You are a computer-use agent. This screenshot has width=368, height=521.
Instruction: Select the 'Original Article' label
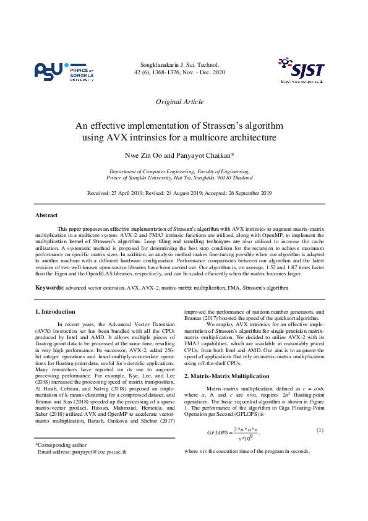[179, 101]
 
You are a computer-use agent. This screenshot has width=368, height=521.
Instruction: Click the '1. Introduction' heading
[55, 311]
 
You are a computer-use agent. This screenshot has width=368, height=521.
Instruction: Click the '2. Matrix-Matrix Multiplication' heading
[227, 376]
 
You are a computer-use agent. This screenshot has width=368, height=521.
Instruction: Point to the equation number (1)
[320, 429]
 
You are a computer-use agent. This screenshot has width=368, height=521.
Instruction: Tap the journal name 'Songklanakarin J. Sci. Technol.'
[179, 64]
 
